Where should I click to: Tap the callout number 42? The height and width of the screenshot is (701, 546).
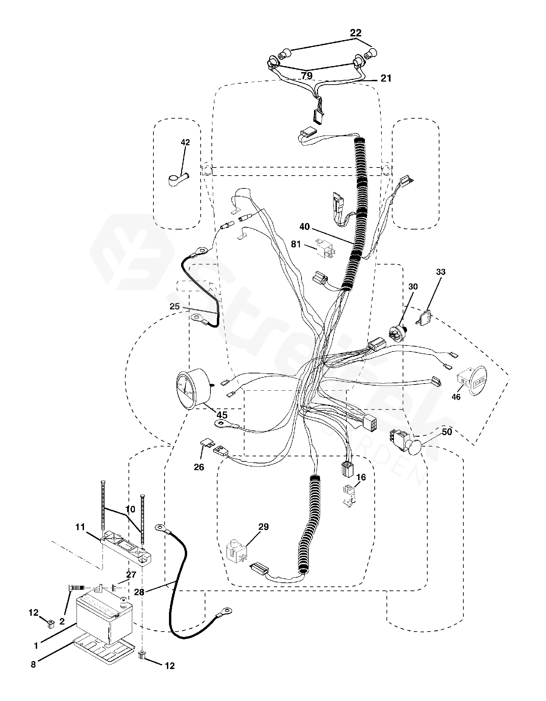tap(185, 143)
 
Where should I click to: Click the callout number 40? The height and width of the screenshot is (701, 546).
tap(304, 227)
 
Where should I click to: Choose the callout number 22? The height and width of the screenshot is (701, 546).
tap(355, 33)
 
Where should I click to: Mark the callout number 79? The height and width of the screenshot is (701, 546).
tap(307, 76)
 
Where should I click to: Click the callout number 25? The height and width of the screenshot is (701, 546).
tap(174, 307)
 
